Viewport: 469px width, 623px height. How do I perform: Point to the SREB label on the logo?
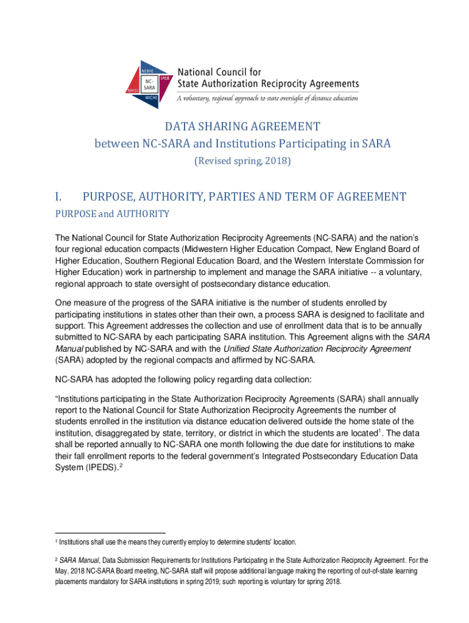164,78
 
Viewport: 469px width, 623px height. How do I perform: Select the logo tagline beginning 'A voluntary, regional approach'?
267,97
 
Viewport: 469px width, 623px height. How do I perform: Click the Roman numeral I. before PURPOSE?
58,197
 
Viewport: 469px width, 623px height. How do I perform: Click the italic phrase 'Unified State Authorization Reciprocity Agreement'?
309,349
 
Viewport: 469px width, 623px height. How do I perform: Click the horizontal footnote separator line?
110,534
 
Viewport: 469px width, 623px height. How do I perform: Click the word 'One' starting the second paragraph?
64,302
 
